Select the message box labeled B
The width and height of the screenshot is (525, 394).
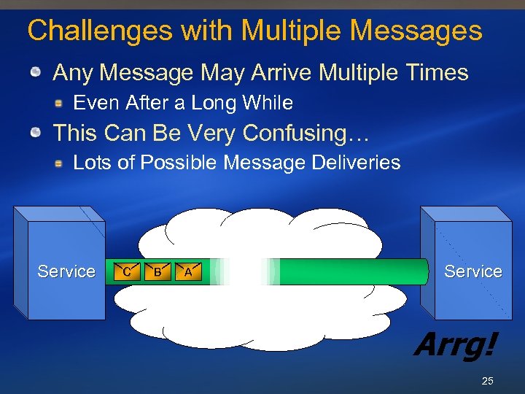click(x=157, y=271)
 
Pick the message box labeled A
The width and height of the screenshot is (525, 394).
click(x=188, y=271)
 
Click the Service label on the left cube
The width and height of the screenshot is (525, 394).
click(x=66, y=271)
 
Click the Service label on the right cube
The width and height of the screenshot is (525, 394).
click(x=473, y=271)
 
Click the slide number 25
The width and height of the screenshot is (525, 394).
click(x=487, y=381)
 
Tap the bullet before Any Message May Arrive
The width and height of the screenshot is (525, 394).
click(x=36, y=73)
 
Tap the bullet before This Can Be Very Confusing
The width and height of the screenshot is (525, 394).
click(x=36, y=134)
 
